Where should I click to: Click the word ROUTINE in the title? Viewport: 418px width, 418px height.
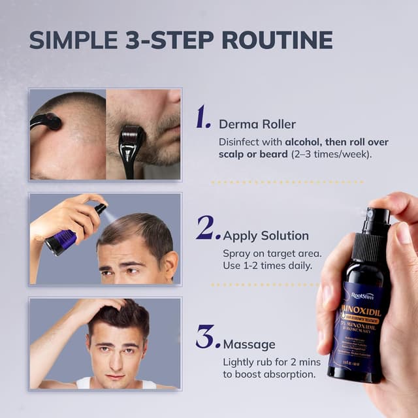pyautogui.click(x=278, y=40)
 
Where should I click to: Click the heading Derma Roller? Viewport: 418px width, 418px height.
pyautogui.click(x=257, y=124)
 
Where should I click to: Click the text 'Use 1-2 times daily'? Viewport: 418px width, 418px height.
pyautogui.click(x=266, y=266)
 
